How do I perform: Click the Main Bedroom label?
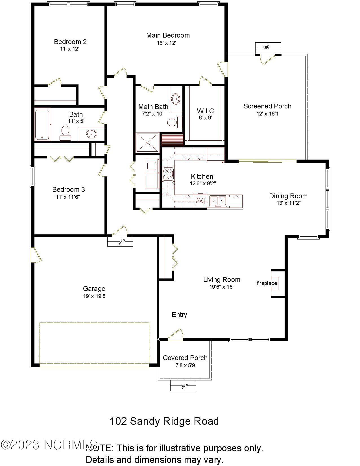tap(168, 35)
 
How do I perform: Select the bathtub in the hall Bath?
tap(42, 124)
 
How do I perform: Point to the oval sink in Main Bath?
tap(176, 99)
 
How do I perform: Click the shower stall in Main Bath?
tap(148, 143)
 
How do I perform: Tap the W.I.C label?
tap(205, 111)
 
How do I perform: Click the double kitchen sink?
tap(218, 201)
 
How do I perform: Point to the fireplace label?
tap(267, 283)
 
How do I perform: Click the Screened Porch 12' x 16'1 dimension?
tap(267, 114)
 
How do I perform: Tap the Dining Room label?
tap(288, 196)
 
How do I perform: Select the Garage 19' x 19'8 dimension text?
tap(94, 296)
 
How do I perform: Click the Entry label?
tap(179, 315)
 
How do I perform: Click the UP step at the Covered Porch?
tap(183, 386)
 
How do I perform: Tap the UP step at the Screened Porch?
tap(268, 47)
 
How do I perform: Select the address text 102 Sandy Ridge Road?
tap(164, 421)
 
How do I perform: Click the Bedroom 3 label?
tap(68, 190)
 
